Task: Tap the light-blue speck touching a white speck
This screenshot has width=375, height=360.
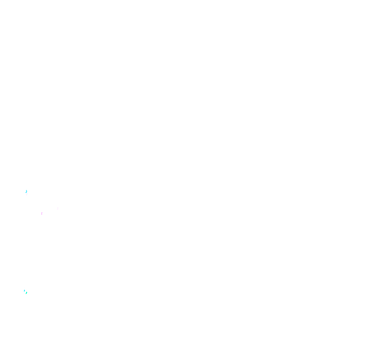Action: click(26, 191)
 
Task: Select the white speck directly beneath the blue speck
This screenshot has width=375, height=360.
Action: click(27, 194)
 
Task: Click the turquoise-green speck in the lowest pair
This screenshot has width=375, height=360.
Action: click(26, 292)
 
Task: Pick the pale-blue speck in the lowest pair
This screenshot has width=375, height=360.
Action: click(24, 290)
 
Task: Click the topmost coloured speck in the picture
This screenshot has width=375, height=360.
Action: click(26, 191)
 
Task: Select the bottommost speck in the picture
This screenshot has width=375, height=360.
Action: click(26, 292)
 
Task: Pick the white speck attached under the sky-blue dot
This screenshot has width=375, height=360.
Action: click(27, 194)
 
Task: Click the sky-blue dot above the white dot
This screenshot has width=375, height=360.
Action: click(26, 191)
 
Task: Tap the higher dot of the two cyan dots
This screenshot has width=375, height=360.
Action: click(24, 290)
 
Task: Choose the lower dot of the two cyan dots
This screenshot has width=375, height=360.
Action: click(26, 292)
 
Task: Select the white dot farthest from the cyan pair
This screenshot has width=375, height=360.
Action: click(27, 194)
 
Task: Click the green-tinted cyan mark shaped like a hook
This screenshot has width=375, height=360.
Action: click(26, 292)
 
